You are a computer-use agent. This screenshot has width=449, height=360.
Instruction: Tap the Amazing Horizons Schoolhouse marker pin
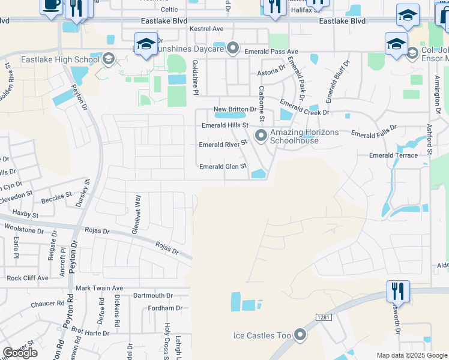tap(261, 136)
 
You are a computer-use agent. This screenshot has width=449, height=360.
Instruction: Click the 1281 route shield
tap(323, 316)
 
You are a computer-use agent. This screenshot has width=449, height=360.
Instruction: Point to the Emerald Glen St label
tap(223, 166)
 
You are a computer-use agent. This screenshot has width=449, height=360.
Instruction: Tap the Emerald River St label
tap(223, 145)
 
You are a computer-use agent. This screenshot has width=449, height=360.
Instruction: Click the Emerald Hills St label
tap(224, 125)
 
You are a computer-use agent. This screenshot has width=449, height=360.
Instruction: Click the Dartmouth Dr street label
tap(152, 295)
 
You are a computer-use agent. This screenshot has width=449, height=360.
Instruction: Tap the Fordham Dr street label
tap(165, 308)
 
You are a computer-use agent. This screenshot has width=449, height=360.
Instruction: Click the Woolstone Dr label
tap(25, 229)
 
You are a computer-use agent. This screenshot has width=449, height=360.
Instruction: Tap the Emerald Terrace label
tap(394, 155)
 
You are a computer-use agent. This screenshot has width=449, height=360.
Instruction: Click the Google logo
tap(20, 353)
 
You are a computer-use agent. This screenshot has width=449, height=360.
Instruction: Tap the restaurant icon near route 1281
tap(397, 292)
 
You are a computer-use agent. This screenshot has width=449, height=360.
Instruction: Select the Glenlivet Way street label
tap(137, 208)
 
